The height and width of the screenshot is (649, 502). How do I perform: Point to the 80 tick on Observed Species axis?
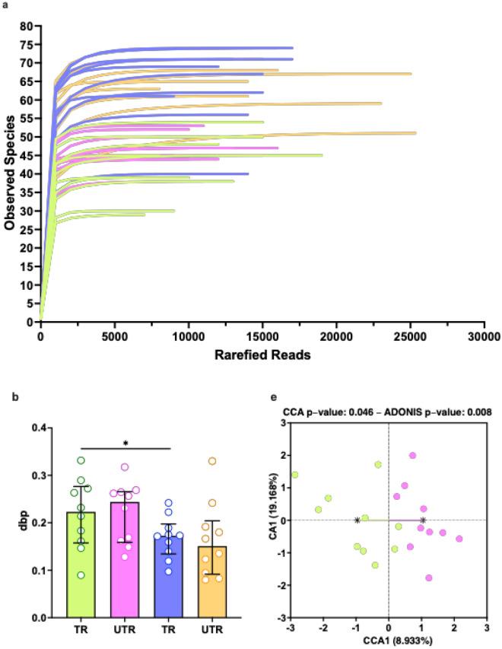26,26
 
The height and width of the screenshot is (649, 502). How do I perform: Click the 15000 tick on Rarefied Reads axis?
261,335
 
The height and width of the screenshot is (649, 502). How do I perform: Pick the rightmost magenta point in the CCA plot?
459,539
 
